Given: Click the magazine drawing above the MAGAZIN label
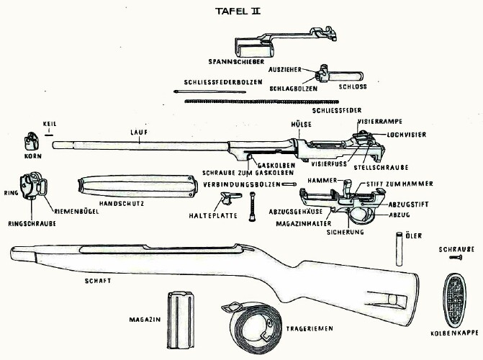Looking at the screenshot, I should pyautogui.click(x=179, y=312).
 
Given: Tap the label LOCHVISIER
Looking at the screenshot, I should pyautogui.click(x=405, y=134).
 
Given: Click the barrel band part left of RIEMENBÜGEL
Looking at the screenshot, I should pyautogui.click(x=30, y=186).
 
